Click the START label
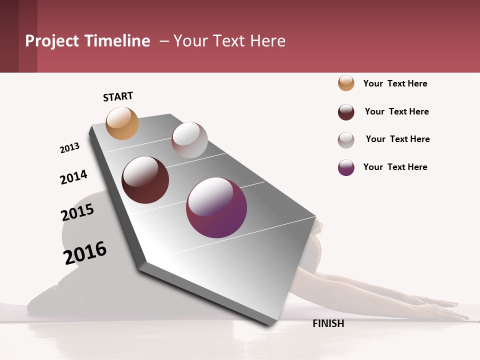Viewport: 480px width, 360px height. pyautogui.click(x=118, y=96)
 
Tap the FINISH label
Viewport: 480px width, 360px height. pyautogui.click(x=328, y=323)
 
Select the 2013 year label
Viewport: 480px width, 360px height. pyautogui.click(x=69, y=148)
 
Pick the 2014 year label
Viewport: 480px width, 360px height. pyautogui.click(x=73, y=177)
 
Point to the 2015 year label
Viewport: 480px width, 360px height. pyautogui.click(x=77, y=212)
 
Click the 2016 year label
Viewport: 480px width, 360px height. pyautogui.click(x=85, y=252)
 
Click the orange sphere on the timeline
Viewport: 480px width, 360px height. pyautogui.click(x=122, y=123)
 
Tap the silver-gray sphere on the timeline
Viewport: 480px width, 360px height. pyautogui.click(x=189, y=140)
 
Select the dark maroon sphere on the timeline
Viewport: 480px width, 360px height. pyautogui.click(x=145, y=180)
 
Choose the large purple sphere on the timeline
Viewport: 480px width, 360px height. pyautogui.click(x=216, y=207)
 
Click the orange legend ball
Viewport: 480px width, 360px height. pyautogui.click(x=346, y=83)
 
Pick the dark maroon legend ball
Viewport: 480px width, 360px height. pyautogui.click(x=346, y=112)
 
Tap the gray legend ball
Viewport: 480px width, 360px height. pyautogui.click(x=346, y=140)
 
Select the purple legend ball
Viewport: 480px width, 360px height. pyautogui.click(x=346, y=167)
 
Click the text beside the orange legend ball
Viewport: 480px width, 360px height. pyautogui.click(x=395, y=83)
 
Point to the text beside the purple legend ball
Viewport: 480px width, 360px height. pyautogui.click(x=395, y=167)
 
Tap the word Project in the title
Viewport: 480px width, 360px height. pyautogui.click(x=51, y=41)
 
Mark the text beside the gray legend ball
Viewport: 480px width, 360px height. pyautogui.click(x=397, y=139)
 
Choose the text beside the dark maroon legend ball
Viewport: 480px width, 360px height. pyautogui.click(x=396, y=111)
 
